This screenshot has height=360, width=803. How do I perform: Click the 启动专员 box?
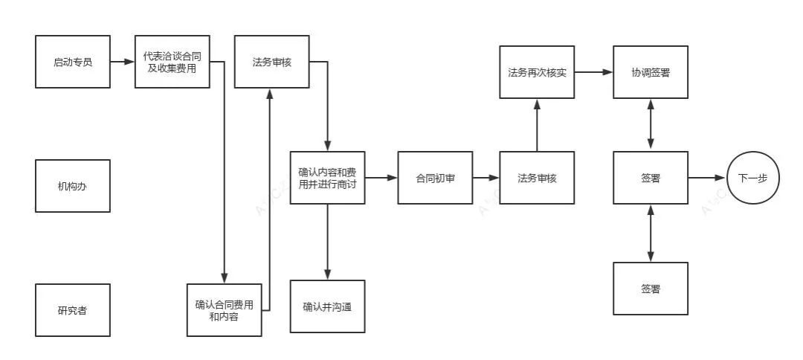point(73,61)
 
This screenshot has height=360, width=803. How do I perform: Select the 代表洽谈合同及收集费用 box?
point(172,61)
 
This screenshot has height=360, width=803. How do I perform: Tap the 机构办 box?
point(73,186)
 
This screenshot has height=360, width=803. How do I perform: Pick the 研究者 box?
point(73,309)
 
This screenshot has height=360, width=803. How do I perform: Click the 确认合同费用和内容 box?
point(224,309)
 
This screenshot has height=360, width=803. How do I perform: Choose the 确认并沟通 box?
point(327,306)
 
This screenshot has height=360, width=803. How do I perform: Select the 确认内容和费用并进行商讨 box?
point(327,178)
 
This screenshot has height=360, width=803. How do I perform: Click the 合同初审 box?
point(435,178)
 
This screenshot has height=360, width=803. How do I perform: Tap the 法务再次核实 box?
point(537,72)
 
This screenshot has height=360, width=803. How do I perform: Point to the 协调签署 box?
point(651,72)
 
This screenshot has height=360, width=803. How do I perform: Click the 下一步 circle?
point(753,178)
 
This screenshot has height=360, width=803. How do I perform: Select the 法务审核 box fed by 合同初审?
point(537,178)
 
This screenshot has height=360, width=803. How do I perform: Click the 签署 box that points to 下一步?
point(651,178)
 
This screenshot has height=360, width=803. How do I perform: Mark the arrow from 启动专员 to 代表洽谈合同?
point(122,61)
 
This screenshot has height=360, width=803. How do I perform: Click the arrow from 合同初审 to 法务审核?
point(486,178)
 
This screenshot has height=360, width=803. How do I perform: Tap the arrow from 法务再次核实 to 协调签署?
point(593,72)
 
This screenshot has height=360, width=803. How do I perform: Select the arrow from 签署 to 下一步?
point(706,178)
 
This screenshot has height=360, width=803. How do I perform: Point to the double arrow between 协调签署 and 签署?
point(651,125)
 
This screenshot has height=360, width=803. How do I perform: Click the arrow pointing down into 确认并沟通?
point(327,242)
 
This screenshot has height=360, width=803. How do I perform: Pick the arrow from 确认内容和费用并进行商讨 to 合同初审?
point(381,178)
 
